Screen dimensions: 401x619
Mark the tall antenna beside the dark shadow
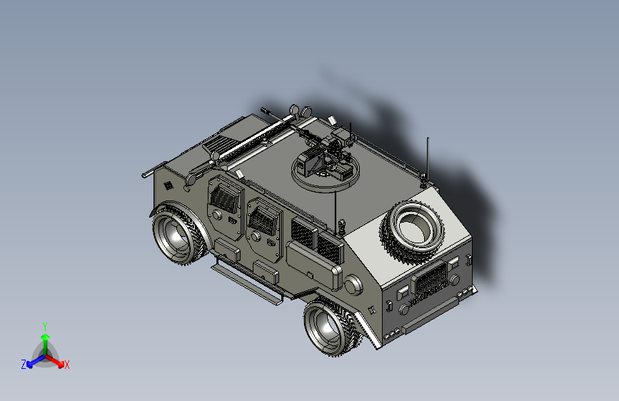(427, 160)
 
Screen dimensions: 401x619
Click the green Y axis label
(45, 325)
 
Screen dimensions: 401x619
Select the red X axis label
(67, 365)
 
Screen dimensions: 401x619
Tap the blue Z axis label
(24, 364)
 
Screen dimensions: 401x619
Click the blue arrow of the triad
(32, 360)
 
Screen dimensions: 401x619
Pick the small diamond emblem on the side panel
(168, 186)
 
